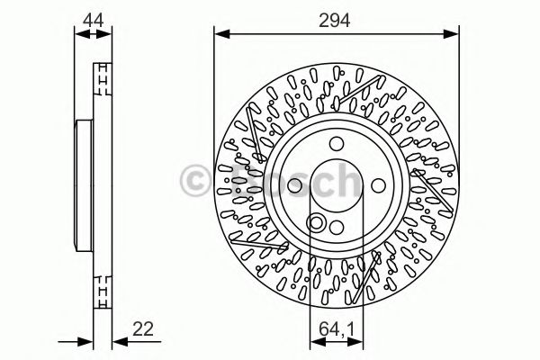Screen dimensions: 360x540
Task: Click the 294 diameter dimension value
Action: tap(335, 18)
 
